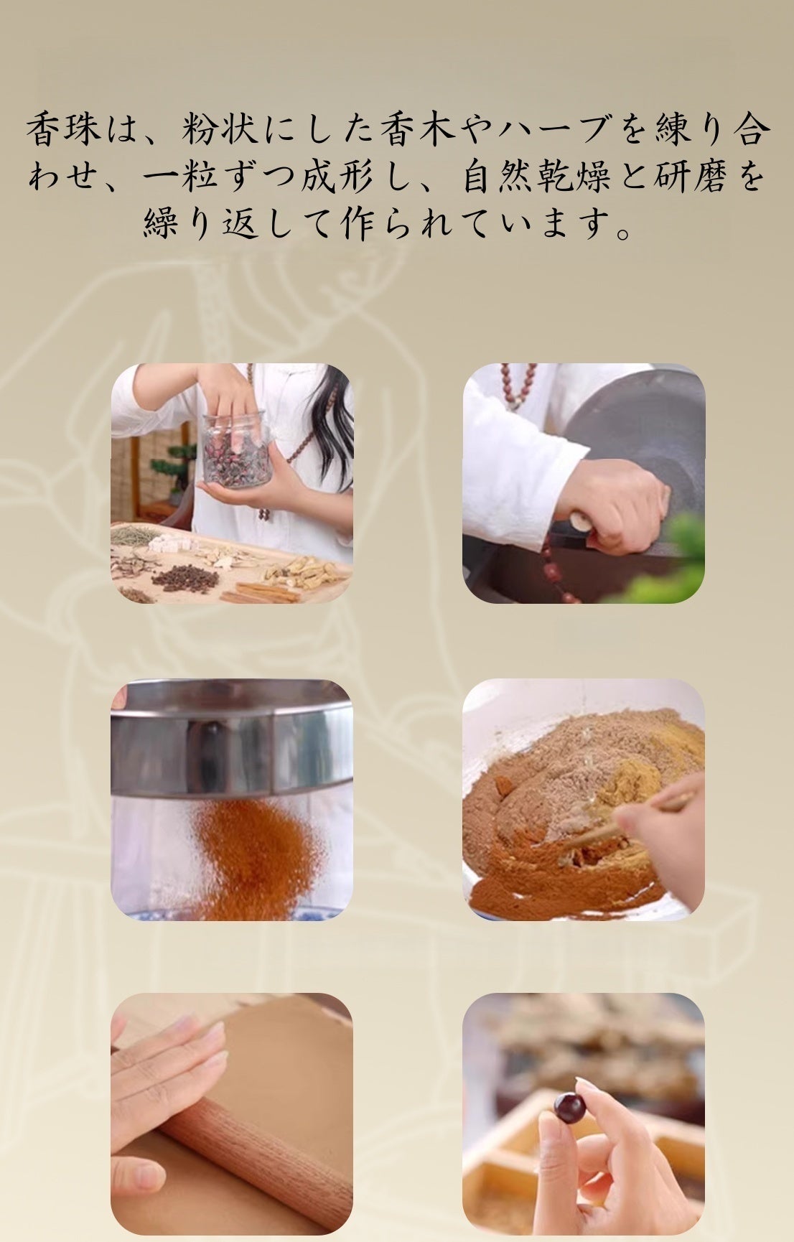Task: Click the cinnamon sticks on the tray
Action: pos(253,592)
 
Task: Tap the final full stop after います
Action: pos(626,234)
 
